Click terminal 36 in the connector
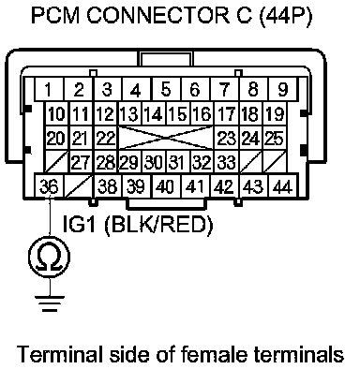49,186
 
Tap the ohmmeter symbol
50,257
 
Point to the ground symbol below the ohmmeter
50,303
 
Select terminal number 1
49,89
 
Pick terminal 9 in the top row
282,89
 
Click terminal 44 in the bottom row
282,186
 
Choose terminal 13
129,113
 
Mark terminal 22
106,138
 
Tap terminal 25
275,138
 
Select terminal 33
227,162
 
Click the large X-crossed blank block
166,138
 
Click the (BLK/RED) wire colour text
158,224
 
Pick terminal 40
166,186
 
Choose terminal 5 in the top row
166,89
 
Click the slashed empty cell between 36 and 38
79,186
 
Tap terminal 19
275,113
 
